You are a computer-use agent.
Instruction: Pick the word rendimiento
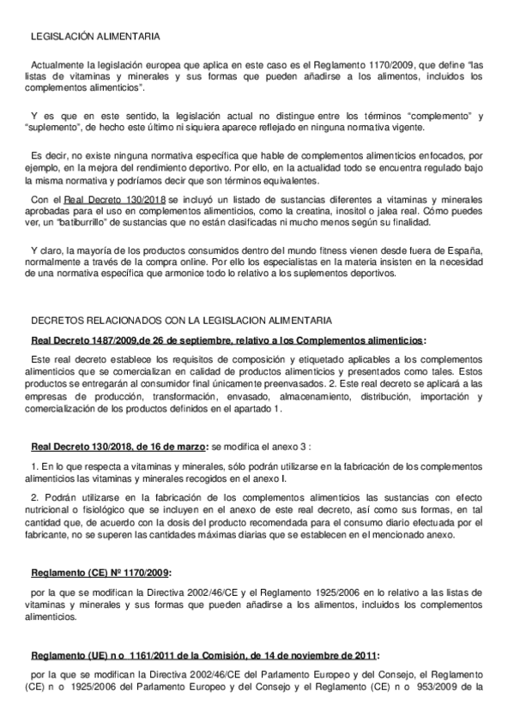coord(147,169)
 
